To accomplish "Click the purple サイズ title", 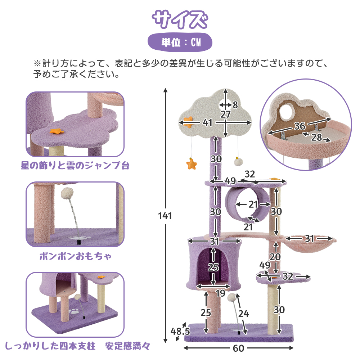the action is tap(180, 19).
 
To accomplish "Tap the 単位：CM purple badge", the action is tap(180, 42).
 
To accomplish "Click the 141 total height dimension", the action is tap(165, 216).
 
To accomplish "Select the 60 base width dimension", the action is tap(238, 348).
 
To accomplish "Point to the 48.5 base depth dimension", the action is tap(180, 331).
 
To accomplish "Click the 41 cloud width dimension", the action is tap(208, 123).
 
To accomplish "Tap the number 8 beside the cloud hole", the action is tap(235, 105).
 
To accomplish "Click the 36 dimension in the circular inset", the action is tap(300, 126).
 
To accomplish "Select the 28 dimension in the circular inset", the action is tap(316, 137).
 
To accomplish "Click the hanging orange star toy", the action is tap(192, 164).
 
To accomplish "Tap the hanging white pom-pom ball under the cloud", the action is tap(238, 162).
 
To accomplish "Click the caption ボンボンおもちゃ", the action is tap(76, 256).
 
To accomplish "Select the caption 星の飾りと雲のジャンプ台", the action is tap(75, 165).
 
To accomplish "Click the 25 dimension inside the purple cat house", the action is tap(213, 267).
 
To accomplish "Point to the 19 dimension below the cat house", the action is tap(220, 293).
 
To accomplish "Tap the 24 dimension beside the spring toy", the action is tap(244, 314).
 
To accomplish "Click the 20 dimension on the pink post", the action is tap(275, 257).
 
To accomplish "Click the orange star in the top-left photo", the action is tap(57, 131).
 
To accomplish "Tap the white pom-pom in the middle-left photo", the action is tap(67, 193).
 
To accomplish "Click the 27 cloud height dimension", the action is tap(225, 114).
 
